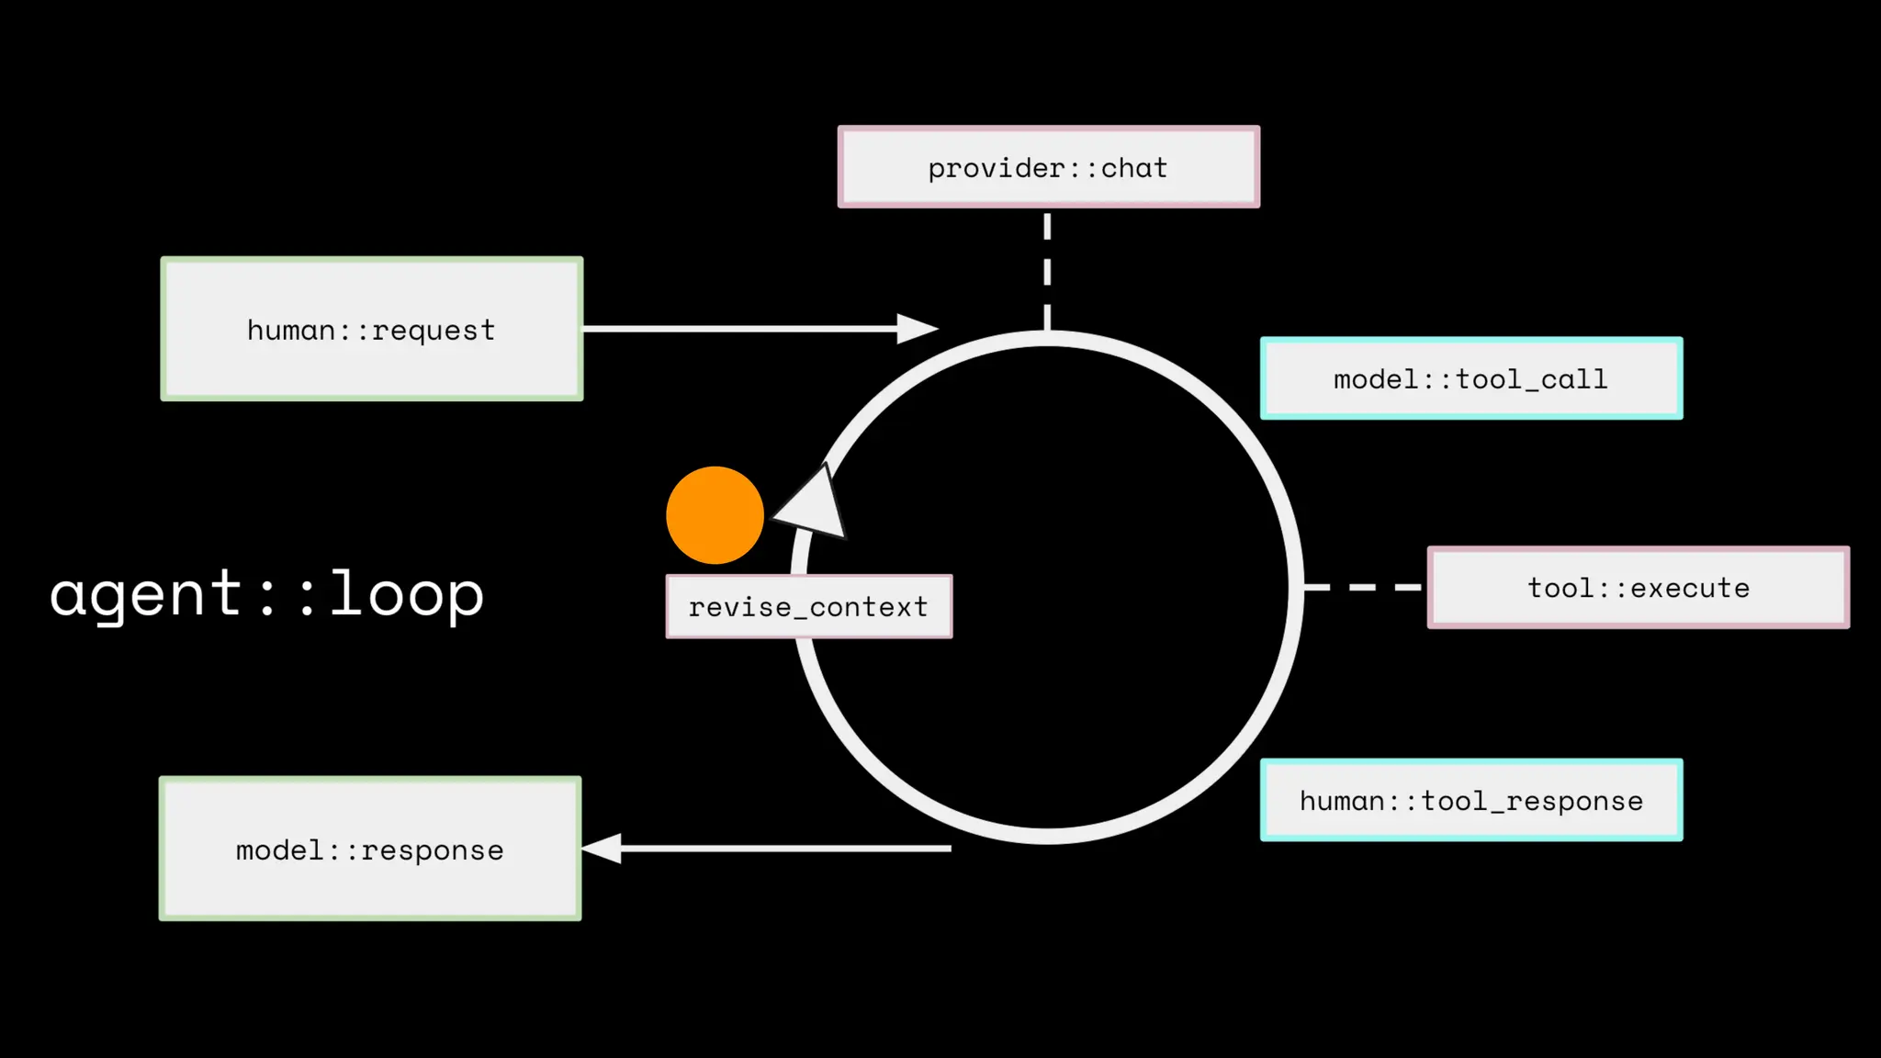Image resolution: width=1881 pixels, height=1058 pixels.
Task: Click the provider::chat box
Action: [1048, 167]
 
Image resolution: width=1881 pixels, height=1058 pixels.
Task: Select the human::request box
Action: [372, 329]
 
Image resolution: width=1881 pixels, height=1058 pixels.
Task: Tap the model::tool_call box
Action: [1470, 378]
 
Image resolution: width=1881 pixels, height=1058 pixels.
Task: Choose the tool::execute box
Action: [1638, 588]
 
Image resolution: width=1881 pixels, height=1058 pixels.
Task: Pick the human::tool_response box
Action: [1470, 800]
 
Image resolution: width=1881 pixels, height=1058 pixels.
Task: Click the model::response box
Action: [370, 849]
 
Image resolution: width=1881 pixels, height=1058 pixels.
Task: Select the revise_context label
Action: [808, 606]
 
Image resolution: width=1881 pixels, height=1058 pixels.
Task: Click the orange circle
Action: [715, 515]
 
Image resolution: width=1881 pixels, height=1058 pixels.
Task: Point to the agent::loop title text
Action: [266, 593]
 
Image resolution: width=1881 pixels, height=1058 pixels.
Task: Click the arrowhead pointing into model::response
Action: [602, 849]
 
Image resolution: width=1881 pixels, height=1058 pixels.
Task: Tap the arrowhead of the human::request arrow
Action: [916, 328]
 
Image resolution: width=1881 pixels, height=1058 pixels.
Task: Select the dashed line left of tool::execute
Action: [1362, 587]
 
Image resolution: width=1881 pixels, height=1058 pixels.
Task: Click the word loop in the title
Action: [406, 593]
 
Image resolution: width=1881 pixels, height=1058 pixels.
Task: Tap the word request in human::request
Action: [434, 330]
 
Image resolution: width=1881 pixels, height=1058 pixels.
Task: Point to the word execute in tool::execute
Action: [1690, 588]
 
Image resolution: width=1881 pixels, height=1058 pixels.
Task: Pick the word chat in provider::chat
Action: [1134, 167]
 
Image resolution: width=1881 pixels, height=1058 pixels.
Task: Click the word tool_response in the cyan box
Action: [1532, 801]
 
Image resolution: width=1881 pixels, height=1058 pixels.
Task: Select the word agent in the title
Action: [145, 593]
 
